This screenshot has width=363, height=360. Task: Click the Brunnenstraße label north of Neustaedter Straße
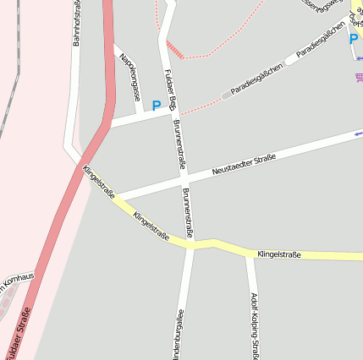pyautogui.click(x=179, y=144)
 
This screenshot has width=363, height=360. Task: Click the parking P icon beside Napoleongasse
pyautogui.click(x=155, y=106)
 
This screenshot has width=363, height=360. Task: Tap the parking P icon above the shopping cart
pyautogui.click(x=353, y=39)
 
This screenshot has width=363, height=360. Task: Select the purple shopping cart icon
pyautogui.click(x=359, y=78)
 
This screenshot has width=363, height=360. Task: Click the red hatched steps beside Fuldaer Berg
pyautogui.click(x=175, y=48)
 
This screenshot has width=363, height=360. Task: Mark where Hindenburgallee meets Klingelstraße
pyautogui.click(x=190, y=247)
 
